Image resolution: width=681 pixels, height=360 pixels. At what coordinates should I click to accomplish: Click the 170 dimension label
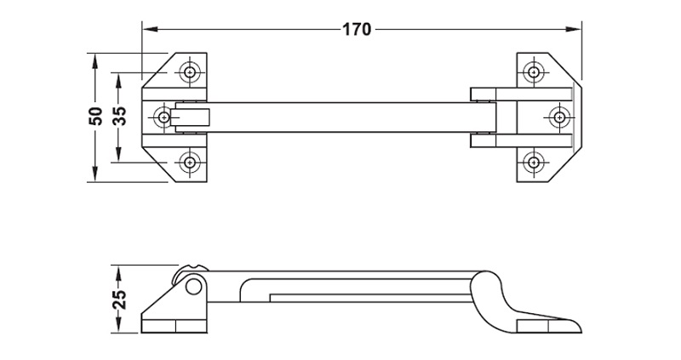tap(357, 30)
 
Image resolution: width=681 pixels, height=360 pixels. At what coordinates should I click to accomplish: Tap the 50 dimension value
tap(95, 117)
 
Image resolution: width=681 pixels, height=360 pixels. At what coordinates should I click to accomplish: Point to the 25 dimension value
tap(119, 300)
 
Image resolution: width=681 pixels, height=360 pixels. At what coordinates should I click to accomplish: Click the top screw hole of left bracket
tap(190, 72)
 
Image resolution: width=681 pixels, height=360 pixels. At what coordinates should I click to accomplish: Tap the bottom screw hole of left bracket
tap(190, 163)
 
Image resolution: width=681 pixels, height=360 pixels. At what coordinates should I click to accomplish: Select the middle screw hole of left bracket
tap(163, 117)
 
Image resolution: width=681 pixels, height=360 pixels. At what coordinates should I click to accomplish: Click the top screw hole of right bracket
tap(534, 72)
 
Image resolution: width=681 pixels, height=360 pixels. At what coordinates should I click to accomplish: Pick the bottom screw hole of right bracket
tap(534, 163)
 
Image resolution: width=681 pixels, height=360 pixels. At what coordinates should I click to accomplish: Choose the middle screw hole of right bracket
tap(559, 117)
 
